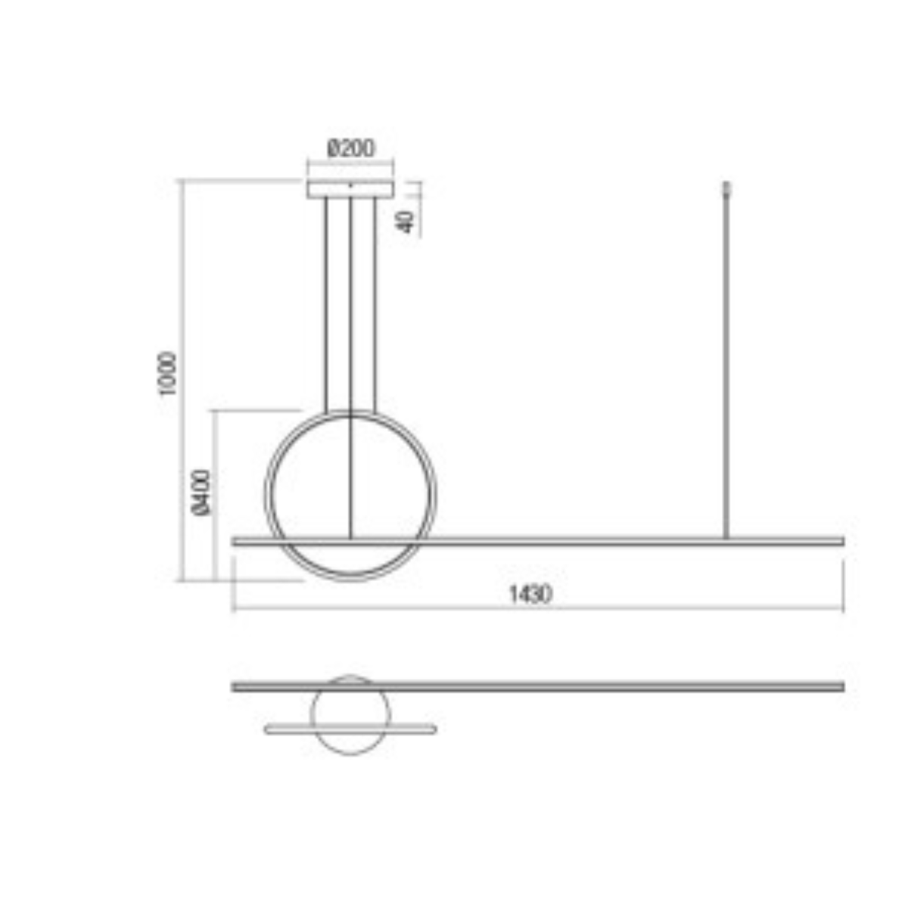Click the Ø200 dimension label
tap(350, 148)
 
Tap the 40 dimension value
tap(407, 221)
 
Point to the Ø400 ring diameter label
tap(202, 492)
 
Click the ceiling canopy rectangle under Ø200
tap(350, 188)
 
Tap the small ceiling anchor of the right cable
tap(727, 187)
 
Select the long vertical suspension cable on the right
tap(727, 363)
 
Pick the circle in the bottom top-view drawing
tap(350, 713)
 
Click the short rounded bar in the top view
tap(350, 729)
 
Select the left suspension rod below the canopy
tap(325, 303)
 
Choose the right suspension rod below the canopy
tap(375, 303)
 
